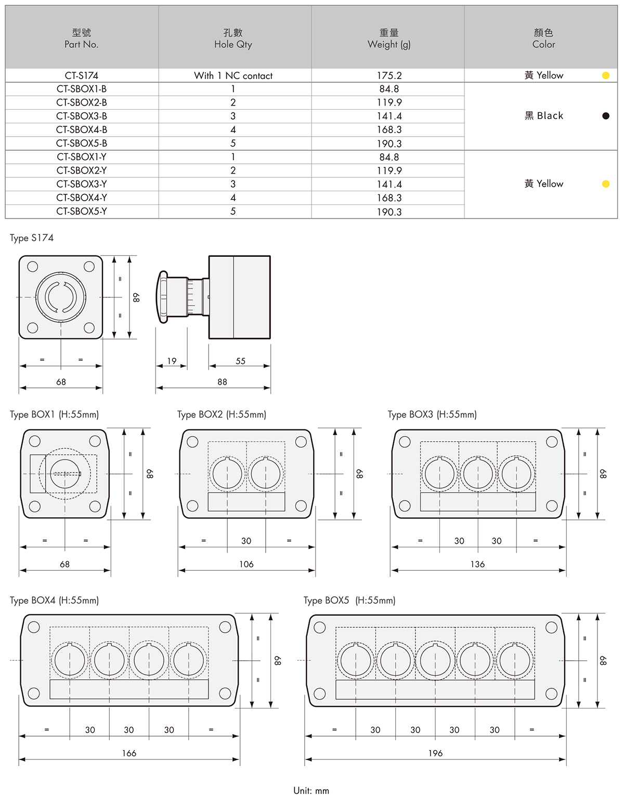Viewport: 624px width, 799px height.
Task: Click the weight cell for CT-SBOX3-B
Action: (389, 116)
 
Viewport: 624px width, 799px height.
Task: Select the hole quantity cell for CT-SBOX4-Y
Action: (233, 198)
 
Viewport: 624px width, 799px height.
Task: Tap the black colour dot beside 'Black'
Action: (606, 116)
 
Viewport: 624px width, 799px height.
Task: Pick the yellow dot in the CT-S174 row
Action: (606, 75)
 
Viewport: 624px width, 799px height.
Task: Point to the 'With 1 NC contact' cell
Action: (233, 76)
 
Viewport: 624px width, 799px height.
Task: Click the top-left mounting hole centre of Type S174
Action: (33, 267)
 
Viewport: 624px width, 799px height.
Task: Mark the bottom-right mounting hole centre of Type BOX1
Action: (95, 506)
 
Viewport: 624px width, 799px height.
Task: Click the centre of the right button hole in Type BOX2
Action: (266, 474)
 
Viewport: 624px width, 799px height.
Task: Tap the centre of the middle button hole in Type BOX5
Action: (435, 661)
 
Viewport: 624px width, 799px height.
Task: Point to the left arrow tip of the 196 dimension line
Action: (306, 759)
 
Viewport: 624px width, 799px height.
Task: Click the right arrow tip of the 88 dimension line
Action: (270, 388)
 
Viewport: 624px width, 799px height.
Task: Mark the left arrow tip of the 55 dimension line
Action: (209, 366)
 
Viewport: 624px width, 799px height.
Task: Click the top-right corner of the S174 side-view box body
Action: (270, 256)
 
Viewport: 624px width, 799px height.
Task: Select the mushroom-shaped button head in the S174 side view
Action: (163, 297)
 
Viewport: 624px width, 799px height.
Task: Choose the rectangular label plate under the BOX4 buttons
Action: (129, 689)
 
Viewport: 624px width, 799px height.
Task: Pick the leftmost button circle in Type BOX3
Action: (439, 474)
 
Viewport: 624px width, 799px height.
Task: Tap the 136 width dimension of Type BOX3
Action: (478, 564)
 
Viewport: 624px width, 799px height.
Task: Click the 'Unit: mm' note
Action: (311, 791)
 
